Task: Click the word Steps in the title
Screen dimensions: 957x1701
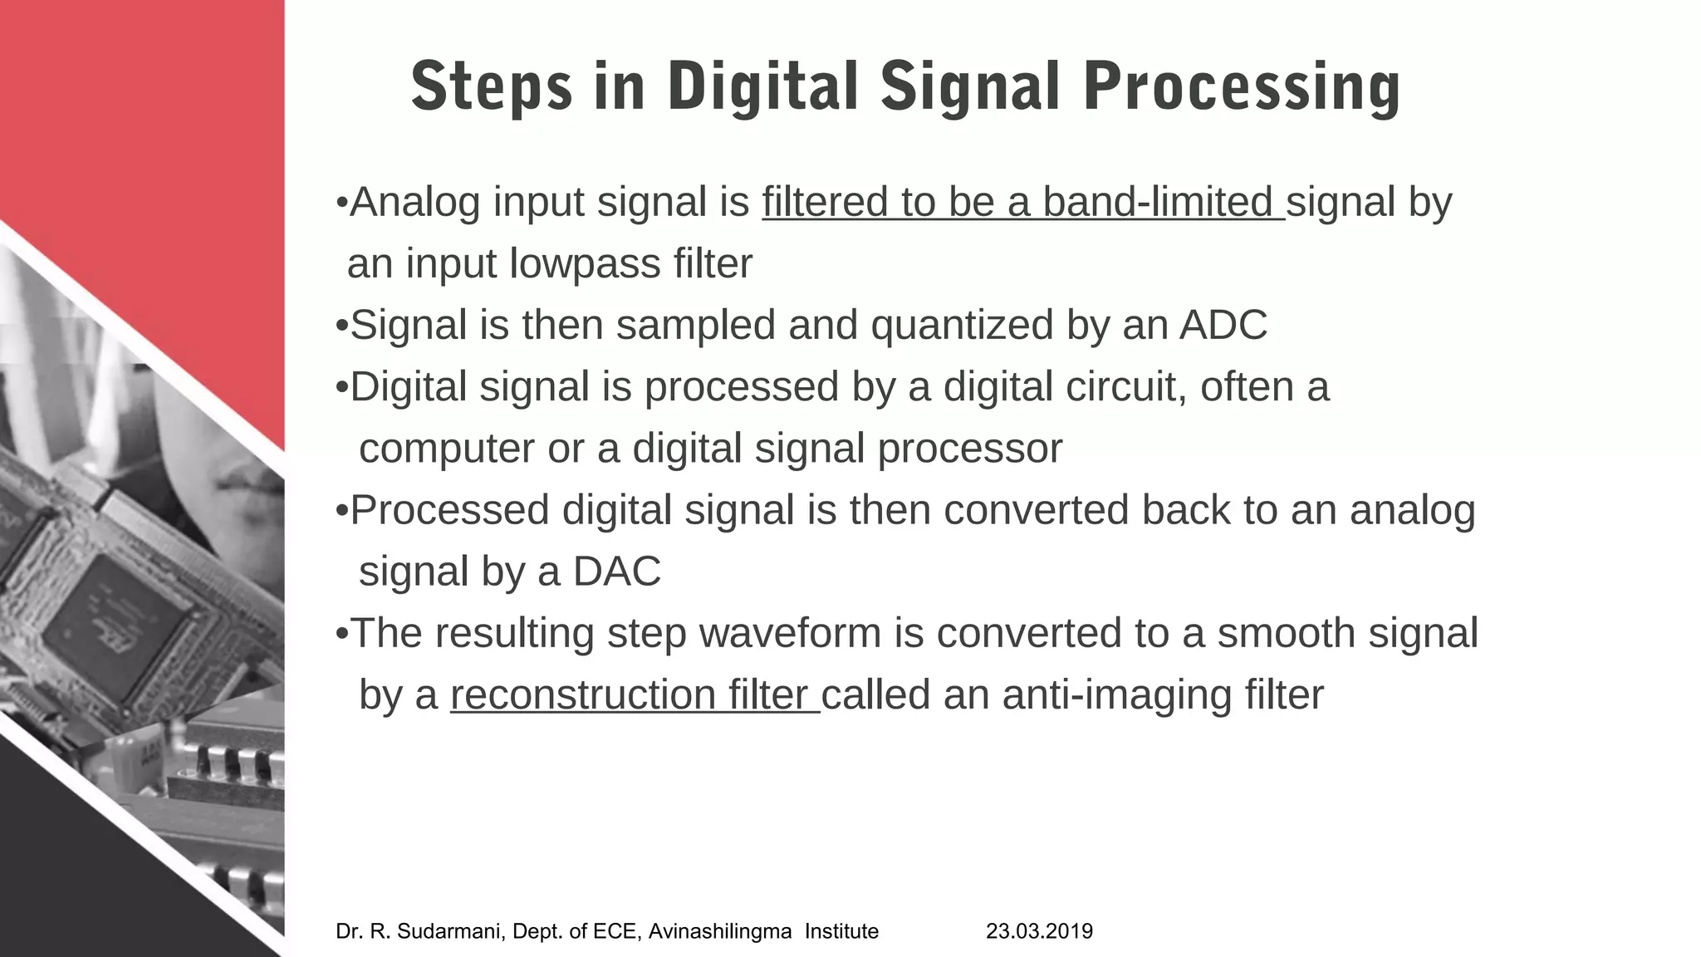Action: click(x=492, y=88)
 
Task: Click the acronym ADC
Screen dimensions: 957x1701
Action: click(x=1223, y=325)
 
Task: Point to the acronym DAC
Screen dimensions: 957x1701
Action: click(x=616, y=572)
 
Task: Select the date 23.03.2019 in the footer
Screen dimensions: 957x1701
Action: click(x=1039, y=931)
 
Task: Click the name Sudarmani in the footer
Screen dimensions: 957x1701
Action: click(x=449, y=931)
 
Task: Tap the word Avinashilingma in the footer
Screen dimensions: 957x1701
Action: click(x=719, y=931)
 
